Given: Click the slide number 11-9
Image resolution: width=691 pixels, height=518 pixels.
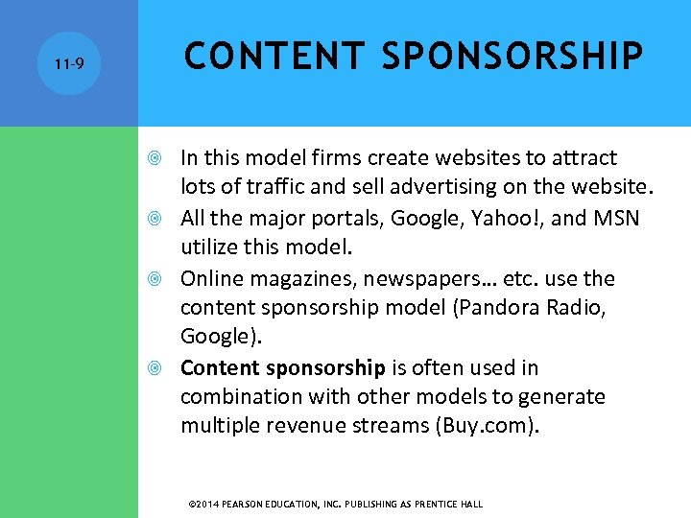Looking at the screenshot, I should point(69,65).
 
